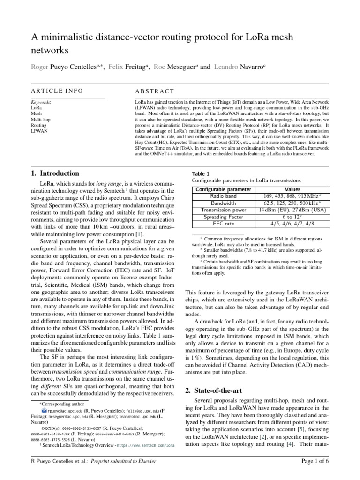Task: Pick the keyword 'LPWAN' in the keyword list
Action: click(37, 131)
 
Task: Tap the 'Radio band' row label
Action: click(224, 196)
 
